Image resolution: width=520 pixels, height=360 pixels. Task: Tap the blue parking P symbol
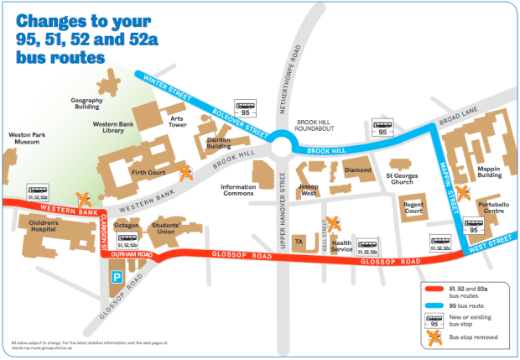coord(117,275)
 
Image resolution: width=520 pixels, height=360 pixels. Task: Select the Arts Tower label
coord(176,122)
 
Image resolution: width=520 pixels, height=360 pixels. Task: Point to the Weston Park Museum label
coord(29,138)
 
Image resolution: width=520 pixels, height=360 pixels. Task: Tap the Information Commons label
coord(239,190)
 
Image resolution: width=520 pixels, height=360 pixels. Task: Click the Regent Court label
coord(413,207)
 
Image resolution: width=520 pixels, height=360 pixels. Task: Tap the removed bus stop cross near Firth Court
coord(185,173)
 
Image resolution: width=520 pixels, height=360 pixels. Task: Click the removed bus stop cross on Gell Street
coord(333,224)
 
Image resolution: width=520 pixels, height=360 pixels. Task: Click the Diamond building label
coord(357,170)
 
